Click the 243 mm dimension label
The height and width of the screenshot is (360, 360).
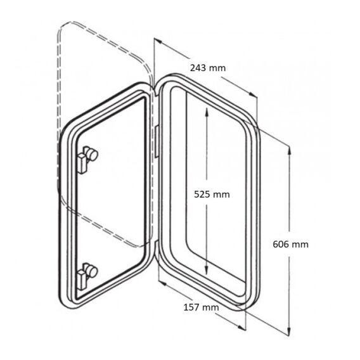pyautogui.click(x=208, y=68)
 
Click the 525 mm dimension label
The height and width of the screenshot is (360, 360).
pyautogui.click(x=212, y=195)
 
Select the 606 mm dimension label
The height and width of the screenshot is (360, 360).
pyautogui.click(x=290, y=244)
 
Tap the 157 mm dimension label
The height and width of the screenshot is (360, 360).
pyautogui.click(x=201, y=307)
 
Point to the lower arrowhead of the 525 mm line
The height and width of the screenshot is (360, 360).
pyautogui.click(x=207, y=269)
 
